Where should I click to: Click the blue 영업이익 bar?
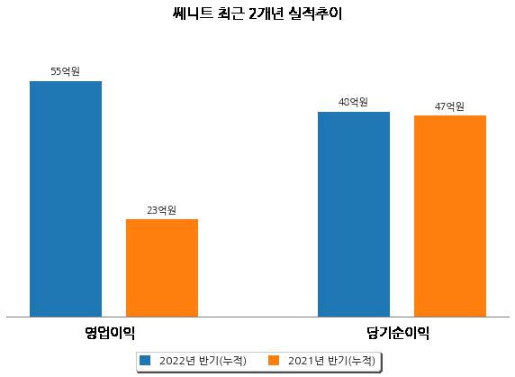click(66, 199)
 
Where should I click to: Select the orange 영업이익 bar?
click(162, 268)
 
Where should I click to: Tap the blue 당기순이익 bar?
click(354, 214)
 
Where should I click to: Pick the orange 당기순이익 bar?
click(450, 216)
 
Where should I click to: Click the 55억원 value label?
click(66, 71)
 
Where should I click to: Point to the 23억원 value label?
click(161, 210)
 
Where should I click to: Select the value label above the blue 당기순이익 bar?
click(353, 102)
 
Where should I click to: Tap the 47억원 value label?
click(449, 106)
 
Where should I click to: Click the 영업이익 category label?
click(110, 333)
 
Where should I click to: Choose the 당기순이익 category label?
click(398, 333)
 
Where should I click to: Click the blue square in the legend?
click(145, 360)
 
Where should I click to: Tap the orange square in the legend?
click(274, 360)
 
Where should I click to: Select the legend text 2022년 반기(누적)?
click(203, 361)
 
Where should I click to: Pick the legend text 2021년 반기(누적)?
click(331, 361)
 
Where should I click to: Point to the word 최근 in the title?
click(230, 14)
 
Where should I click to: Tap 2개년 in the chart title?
click(266, 14)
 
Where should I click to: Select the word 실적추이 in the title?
click(315, 14)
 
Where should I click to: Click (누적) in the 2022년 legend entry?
click(232, 361)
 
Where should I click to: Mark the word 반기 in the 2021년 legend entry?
click(337, 361)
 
